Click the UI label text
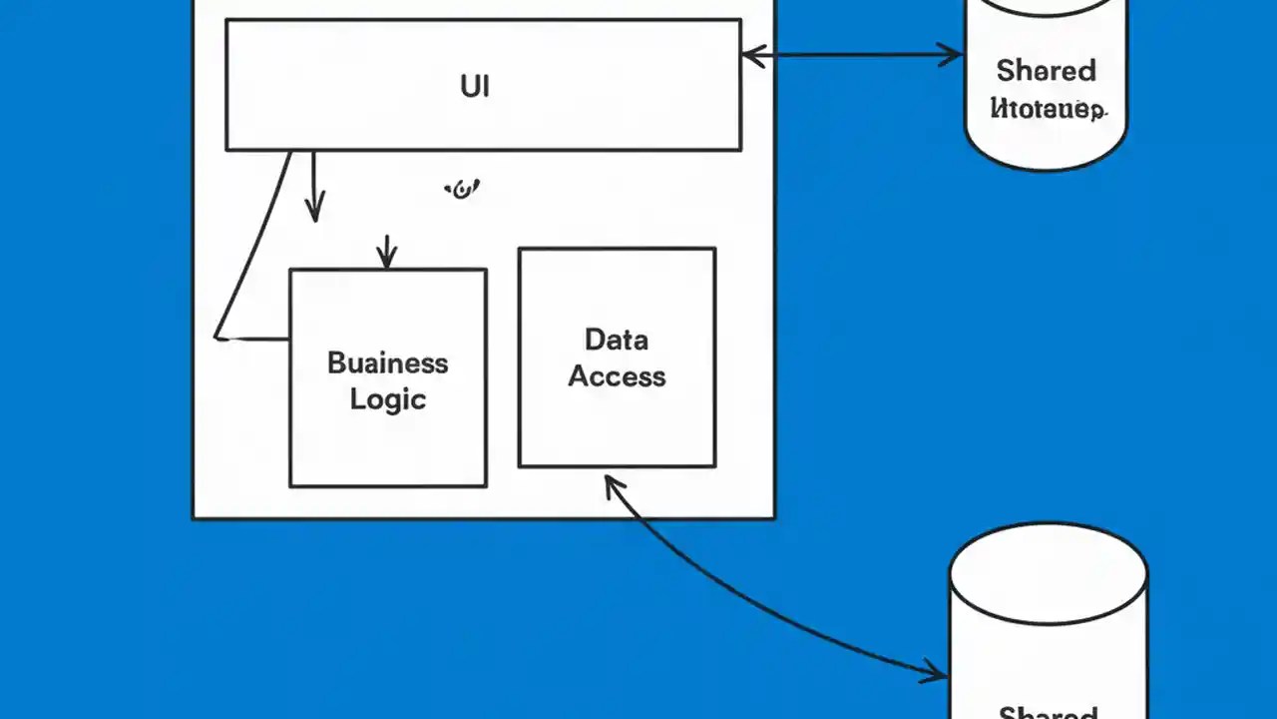pos(475,86)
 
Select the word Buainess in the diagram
pos(387,362)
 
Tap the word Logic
pos(388,399)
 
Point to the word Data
pos(617,340)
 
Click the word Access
pos(617,376)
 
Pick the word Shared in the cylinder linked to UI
pos(1046,71)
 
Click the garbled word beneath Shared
pos(1048,109)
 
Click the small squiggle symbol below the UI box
pos(461,189)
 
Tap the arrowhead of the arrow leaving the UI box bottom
pos(314,211)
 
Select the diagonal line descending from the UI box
pos(254,245)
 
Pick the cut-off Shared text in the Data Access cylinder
pos(1048,712)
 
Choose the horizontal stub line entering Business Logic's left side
pos(254,340)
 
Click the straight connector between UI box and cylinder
pos(853,56)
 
